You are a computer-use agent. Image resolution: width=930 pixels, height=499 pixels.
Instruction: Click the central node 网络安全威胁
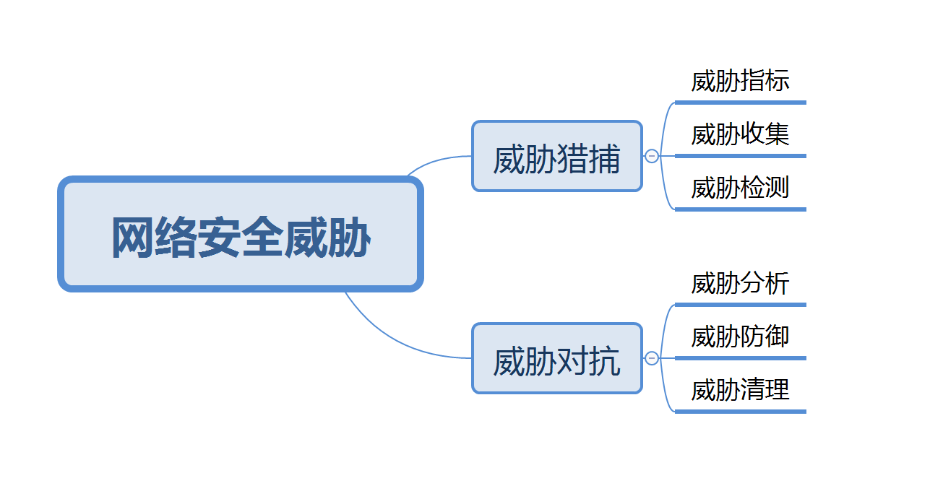(240, 235)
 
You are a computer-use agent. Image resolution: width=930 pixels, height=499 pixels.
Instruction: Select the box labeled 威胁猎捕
(556, 156)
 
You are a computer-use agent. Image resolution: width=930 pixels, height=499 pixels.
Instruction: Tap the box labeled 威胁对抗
(556, 358)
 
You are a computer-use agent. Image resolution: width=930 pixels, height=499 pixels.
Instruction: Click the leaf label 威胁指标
(740, 81)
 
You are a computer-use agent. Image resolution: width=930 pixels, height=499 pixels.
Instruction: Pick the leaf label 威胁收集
(740, 134)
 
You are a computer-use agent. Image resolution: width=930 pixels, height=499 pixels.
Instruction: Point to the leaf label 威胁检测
(740, 188)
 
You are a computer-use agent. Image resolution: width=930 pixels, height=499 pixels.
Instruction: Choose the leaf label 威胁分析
(740, 283)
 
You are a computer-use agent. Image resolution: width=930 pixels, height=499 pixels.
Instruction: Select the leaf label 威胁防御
(740, 337)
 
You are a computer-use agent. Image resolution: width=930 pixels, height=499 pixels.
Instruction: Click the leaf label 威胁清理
(740, 390)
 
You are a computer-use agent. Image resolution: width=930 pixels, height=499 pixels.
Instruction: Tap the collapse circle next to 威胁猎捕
(652, 156)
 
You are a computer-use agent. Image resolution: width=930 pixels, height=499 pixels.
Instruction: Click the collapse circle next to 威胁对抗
(652, 358)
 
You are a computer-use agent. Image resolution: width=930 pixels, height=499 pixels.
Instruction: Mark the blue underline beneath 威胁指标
(740, 103)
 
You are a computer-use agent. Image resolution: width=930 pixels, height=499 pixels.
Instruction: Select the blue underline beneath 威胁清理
(740, 412)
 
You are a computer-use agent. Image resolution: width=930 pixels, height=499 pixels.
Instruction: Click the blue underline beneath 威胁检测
(740, 209)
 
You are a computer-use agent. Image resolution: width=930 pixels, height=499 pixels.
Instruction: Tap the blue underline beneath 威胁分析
(740, 305)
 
